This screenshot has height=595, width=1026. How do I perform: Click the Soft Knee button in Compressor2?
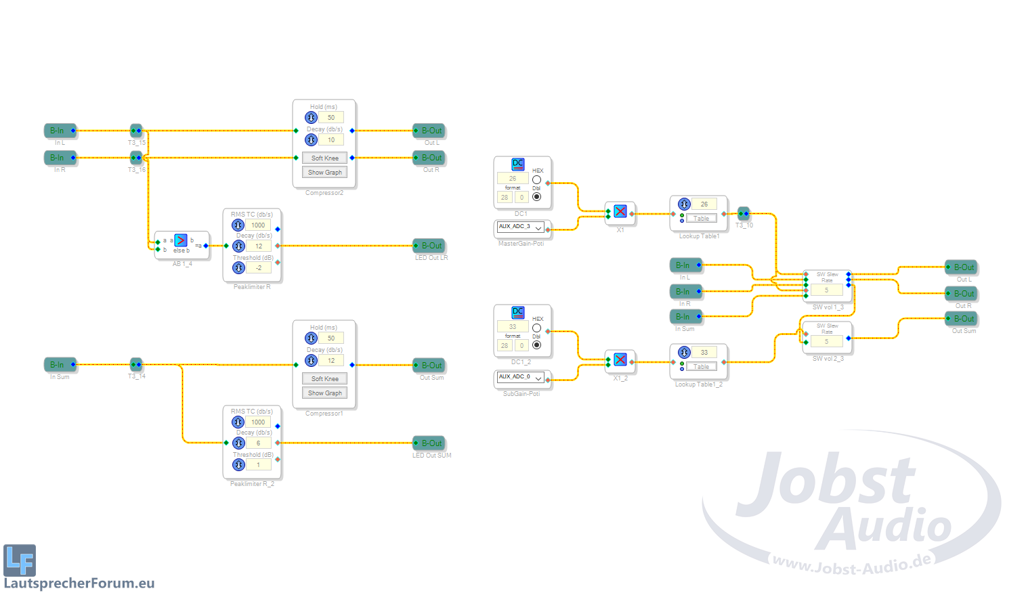coord(324,158)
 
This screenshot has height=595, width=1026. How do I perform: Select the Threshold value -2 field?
coord(258,268)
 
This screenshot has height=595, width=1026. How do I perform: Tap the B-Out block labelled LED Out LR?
coord(429,246)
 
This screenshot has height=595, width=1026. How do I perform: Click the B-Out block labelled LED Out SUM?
coord(429,443)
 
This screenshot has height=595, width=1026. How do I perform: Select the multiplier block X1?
coord(620,212)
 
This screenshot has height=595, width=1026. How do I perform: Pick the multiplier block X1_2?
coord(620,360)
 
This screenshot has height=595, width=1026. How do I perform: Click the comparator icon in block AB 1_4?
coord(181,240)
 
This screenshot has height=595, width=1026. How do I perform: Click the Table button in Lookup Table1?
coord(701,219)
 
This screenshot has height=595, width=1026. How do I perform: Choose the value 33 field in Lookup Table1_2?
coord(704,352)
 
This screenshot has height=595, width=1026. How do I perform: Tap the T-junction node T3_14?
coord(136,364)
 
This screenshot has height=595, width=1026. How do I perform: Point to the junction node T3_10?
coord(744,213)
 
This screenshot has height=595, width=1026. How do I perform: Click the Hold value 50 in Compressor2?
coord(331,118)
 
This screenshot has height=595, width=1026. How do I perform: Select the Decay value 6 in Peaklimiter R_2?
coord(258,443)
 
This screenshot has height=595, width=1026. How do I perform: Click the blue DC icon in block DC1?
coord(518,164)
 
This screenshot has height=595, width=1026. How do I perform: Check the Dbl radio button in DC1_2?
coord(536,345)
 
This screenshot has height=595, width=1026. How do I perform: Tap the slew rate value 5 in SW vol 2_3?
coord(826,342)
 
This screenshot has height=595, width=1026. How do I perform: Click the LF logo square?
coord(20,560)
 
